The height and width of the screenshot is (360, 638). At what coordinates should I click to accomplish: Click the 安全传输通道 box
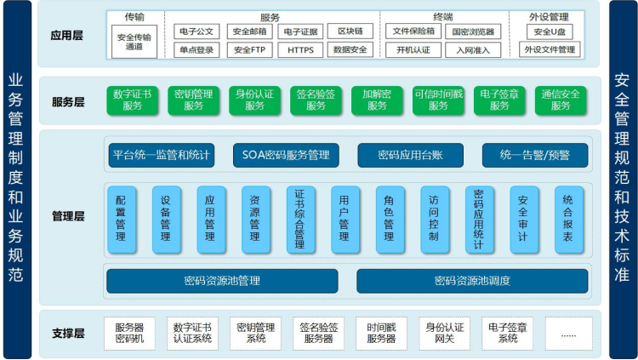[134, 41]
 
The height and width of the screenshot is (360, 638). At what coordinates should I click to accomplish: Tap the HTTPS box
[300, 50]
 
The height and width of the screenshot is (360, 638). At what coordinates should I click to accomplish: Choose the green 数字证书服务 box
[133, 100]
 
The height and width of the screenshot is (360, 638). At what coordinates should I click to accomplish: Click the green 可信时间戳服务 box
[438, 100]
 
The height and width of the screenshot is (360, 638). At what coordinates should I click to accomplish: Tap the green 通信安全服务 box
[561, 100]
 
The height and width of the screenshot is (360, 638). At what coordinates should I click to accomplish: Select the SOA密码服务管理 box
[286, 155]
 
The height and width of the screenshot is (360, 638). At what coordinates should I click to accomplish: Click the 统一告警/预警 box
[534, 155]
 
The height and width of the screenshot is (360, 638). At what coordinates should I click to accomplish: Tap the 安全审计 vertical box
[524, 219]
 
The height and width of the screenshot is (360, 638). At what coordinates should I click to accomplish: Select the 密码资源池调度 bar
[472, 280]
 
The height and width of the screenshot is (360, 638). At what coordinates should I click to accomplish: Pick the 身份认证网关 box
[444, 333]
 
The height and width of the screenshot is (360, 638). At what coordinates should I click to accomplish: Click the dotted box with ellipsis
[568, 333]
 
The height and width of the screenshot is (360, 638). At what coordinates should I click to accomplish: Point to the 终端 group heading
[441, 17]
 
